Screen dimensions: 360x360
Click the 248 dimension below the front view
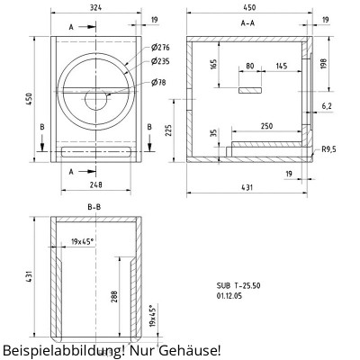[95, 185]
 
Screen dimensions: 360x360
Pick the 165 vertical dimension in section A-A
[214, 65]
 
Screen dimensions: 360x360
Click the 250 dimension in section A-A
[267, 127]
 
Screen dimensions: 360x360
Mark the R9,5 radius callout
[329, 151]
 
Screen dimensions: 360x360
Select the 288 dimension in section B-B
[115, 298]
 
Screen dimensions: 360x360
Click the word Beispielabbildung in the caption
[62, 348]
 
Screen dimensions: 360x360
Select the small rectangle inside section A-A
[250, 90]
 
